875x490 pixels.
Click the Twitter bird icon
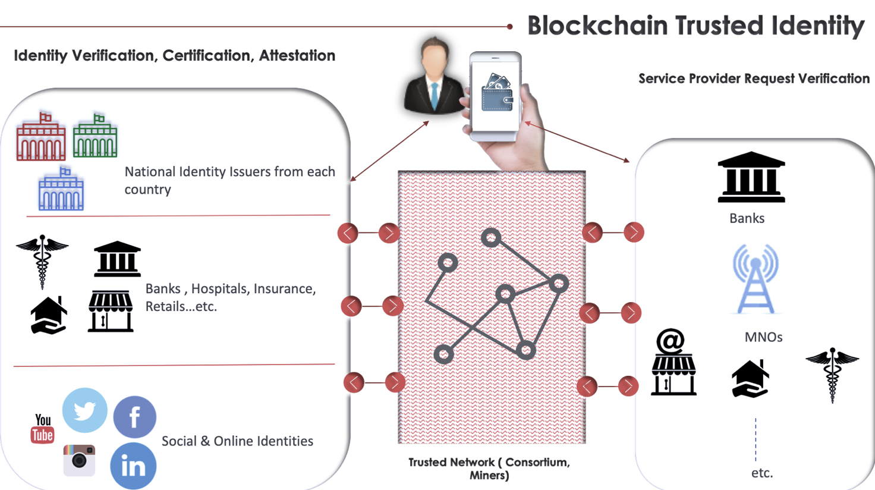[x=85, y=410]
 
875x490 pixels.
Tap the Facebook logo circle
[x=135, y=417]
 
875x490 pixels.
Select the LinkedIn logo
[x=133, y=466]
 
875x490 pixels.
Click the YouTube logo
[x=42, y=429]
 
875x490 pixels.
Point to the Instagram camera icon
[x=79, y=460]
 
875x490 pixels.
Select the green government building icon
[x=95, y=136]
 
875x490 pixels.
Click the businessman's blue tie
[x=435, y=95]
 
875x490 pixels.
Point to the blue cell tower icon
[x=755, y=279]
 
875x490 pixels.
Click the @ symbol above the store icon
[x=671, y=341]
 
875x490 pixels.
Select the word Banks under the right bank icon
[x=747, y=218]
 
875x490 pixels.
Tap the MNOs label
[x=763, y=337]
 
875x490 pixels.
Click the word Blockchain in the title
[x=597, y=26]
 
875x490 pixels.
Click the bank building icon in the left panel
[x=117, y=259]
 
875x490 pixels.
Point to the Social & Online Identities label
[x=237, y=441]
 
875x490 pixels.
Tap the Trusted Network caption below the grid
[x=489, y=469]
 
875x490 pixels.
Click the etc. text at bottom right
[x=762, y=473]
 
